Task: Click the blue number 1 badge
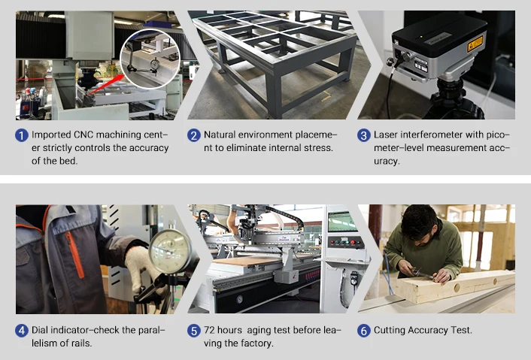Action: point(22,135)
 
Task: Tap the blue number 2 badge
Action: point(194,135)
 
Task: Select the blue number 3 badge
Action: point(364,135)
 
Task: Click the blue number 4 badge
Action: point(22,331)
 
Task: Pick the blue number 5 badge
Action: point(194,331)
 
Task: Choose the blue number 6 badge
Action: point(364,331)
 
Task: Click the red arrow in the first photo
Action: point(107,84)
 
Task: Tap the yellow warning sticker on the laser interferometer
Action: point(475,44)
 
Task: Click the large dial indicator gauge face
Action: point(170,251)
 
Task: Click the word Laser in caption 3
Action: point(385,135)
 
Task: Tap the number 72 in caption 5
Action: point(209,330)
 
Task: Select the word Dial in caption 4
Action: point(40,330)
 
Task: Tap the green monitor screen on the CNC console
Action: point(342,222)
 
